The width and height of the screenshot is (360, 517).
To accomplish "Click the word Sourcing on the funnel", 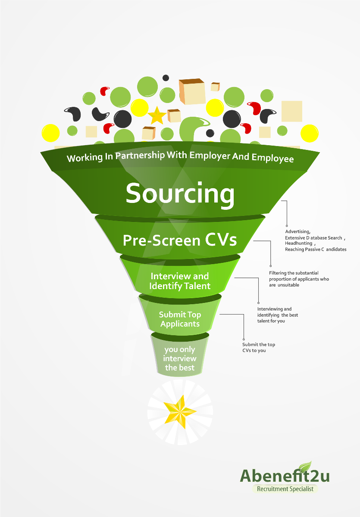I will point(180,193).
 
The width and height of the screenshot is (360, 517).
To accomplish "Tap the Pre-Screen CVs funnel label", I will point(180,240).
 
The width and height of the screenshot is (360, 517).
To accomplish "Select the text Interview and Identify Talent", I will point(179,281).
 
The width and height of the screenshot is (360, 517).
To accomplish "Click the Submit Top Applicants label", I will point(180,319).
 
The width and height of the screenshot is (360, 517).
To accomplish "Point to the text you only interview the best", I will point(180,358).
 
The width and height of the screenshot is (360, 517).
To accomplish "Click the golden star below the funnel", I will point(180,412).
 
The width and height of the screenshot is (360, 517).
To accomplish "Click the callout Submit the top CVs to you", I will point(259,347).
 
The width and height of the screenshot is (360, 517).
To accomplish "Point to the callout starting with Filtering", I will point(299,279).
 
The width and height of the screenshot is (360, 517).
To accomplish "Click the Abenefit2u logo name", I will point(285,476).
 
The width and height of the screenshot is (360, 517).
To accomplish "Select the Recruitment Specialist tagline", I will point(285,489).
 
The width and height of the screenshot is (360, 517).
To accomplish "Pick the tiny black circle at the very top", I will point(166,78).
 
